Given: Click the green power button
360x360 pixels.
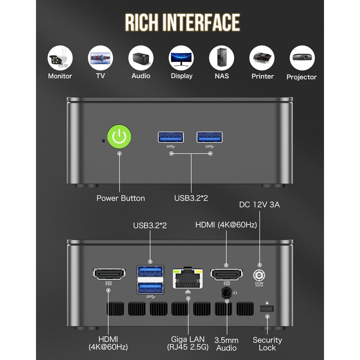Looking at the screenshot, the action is tap(119, 137).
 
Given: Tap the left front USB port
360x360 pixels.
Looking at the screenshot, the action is tap(171, 137).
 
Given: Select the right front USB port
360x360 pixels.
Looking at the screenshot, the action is tap(210, 137).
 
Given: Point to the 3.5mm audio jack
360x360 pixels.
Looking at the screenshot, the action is tap(226, 293).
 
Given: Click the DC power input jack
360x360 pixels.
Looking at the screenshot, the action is tap(259, 275).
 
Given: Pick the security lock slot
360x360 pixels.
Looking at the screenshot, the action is tap(267, 310).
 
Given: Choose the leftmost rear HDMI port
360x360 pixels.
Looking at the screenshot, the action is tap(109, 274).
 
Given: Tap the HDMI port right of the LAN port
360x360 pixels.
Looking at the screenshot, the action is tap(226, 274).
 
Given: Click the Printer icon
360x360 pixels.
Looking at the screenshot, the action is tap(262, 57).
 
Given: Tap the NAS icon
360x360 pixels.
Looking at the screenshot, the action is tap(221, 57).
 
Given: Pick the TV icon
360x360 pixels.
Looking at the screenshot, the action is tap(100, 57).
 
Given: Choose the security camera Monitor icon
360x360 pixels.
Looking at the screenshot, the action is tap(60, 57).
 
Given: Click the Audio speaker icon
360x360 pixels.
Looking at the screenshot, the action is tap(141, 57).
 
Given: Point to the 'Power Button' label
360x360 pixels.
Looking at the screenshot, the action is tap(121, 198).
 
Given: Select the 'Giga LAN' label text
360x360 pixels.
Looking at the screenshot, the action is tap(188, 339).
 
